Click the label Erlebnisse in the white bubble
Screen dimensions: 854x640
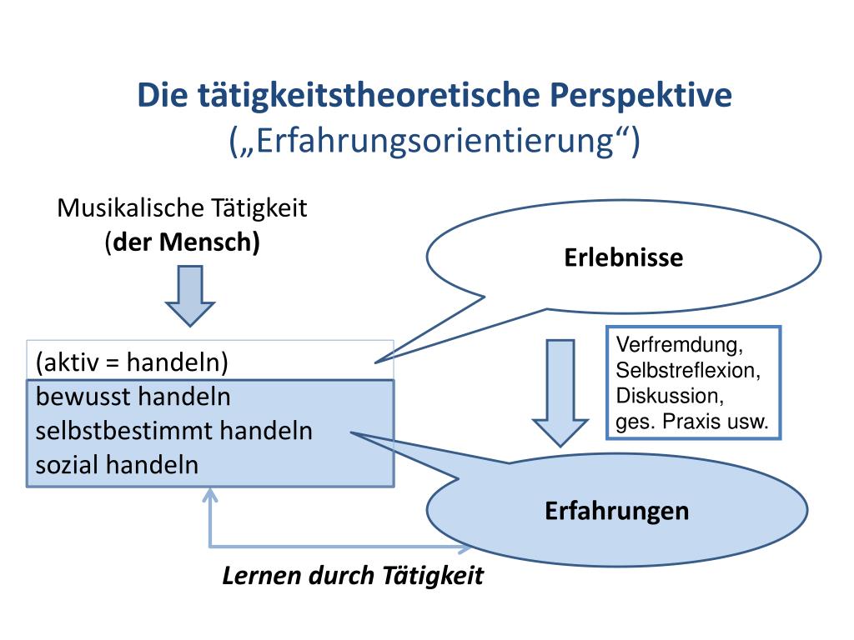point(623,257)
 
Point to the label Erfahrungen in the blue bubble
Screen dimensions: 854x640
point(617,510)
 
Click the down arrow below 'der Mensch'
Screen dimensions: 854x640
point(190,296)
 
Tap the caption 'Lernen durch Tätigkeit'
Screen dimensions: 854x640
point(353,576)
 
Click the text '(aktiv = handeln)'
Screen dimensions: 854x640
point(132,362)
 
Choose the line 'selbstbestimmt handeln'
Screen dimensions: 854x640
point(174,431)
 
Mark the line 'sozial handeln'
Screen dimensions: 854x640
point(118,464)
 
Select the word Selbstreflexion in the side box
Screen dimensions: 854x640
point(688,370)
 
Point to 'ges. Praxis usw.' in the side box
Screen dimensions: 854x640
point(691,421)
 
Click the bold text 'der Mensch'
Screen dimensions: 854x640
point(184,242)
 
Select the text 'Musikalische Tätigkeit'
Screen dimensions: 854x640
point(182,208)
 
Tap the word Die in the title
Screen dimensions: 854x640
point(163,96)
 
